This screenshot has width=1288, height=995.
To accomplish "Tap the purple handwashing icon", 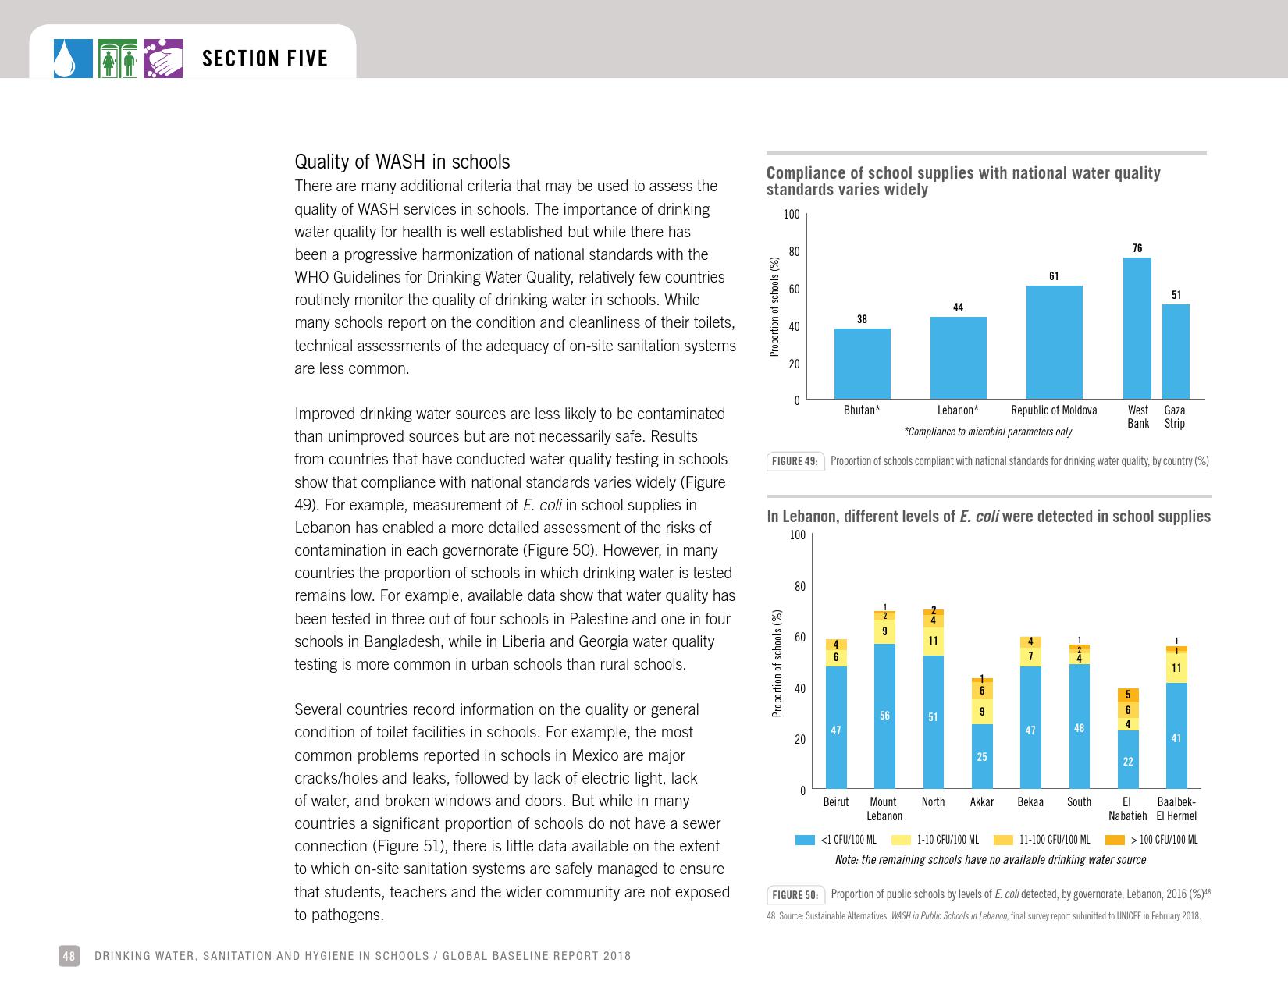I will point(163,59).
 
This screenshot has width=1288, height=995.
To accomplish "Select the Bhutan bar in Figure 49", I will point(862,364).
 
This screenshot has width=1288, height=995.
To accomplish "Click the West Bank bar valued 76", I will point(1137,329).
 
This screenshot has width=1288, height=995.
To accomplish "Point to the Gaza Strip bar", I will point(1176,352).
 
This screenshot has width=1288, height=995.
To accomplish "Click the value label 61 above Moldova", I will point(1054,276).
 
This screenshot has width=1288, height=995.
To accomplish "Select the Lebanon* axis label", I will point(958,410).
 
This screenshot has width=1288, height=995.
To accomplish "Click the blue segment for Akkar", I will point(982,755).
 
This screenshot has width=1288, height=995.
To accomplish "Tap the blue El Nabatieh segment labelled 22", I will point(1127,759).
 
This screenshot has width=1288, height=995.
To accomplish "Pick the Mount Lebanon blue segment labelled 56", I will point(884,716).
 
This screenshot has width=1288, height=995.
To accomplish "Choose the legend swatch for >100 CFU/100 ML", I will point(1115,840).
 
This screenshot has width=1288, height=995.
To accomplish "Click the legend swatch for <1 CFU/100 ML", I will point(805,840).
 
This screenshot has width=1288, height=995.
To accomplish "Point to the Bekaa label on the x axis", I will point(1030,802).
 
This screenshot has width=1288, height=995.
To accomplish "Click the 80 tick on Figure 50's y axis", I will point(799,586).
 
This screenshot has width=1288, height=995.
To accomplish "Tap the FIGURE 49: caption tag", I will point(795,461).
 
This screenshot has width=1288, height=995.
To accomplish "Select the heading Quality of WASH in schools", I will point(402,162).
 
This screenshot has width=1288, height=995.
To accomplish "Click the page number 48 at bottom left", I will point(69,956).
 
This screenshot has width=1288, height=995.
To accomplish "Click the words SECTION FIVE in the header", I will point(265,59).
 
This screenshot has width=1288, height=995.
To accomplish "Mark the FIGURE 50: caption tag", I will point(795,894).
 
